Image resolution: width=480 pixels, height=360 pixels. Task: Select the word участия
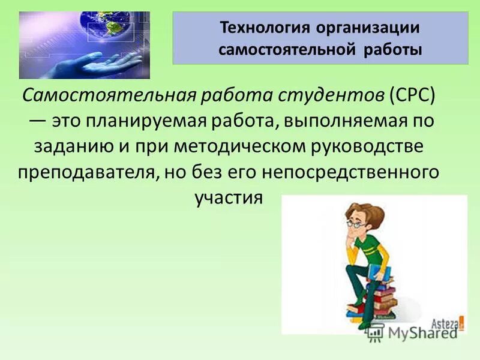229,197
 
